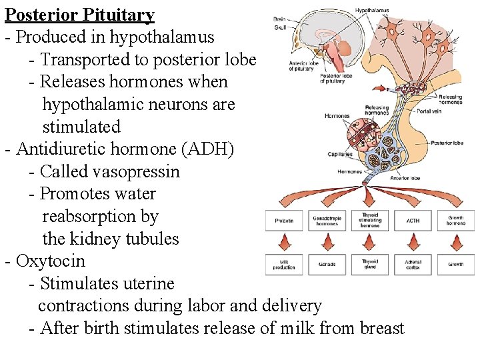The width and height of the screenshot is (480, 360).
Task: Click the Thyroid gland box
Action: point(370,265)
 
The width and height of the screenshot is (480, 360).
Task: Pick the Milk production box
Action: point(284,265)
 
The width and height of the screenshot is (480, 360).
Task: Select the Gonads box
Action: point(327,265)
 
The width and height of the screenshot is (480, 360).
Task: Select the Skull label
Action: point(281,27)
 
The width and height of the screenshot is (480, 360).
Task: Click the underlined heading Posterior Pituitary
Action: point(79,15)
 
